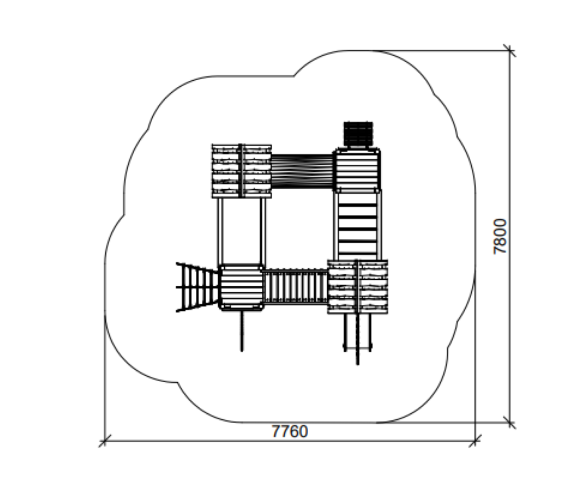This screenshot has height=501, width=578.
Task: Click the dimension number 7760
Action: (290, 431)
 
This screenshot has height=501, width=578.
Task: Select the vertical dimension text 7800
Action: (500, 237)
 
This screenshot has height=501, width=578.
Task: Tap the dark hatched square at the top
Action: (358, 135)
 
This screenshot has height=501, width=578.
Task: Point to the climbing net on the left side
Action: (197, 287)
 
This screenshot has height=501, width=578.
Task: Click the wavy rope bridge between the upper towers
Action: (302, 171)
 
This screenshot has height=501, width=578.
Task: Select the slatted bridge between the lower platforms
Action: (295, 287)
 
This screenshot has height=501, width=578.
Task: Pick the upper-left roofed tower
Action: (241, 171)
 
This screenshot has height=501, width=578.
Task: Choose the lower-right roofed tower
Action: (357, 287)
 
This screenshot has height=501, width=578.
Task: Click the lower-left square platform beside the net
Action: (241, 287)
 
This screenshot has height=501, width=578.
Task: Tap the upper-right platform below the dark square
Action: (357, 170)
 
